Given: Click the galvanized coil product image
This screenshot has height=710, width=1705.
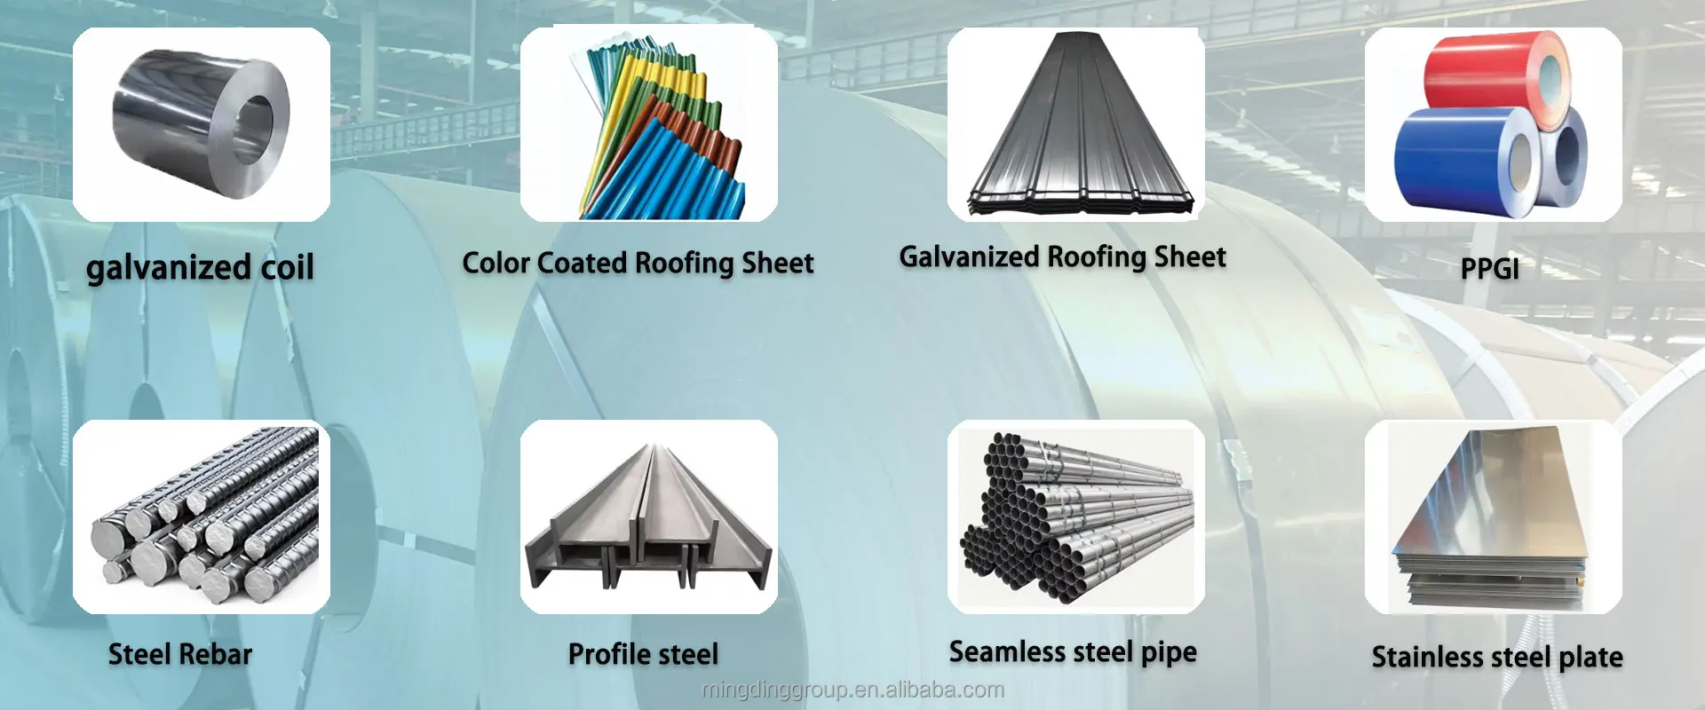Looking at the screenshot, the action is [201, 124].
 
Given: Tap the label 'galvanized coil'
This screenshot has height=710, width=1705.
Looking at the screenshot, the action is [200, 267].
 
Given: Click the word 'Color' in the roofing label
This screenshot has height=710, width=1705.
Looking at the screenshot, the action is [496, 263].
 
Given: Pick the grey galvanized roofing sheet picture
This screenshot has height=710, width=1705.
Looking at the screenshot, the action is [1076, 124].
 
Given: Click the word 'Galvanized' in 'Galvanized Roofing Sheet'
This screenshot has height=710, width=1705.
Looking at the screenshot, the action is [969, 257].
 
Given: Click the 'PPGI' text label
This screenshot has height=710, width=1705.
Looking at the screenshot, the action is [1489, 268].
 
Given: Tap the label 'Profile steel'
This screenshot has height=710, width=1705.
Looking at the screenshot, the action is [643, 655].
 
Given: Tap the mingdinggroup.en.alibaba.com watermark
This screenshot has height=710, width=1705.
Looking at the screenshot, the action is [852, 690].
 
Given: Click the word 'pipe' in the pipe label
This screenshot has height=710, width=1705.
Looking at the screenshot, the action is [1169, 653].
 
